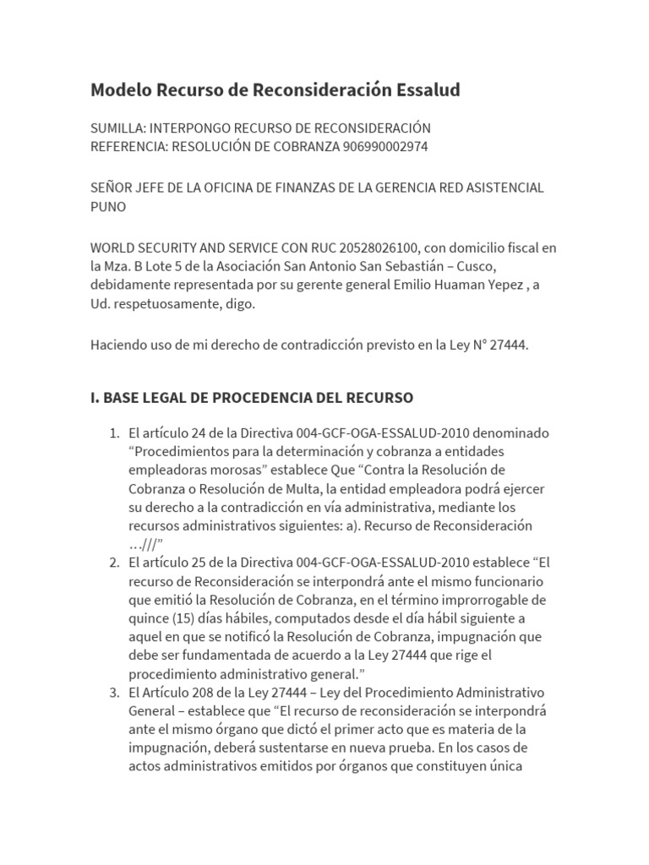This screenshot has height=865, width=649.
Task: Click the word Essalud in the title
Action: pos(425,90)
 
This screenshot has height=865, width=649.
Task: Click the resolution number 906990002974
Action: pos(385,146)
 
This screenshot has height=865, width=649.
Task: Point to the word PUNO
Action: pos(108,206)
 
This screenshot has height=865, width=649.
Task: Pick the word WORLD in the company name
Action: pos(113,248)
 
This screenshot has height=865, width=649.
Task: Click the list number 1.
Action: pos(114,433)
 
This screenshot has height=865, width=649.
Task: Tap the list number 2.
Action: pos(114,563)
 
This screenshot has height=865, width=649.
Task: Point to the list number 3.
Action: pos(114,693)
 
